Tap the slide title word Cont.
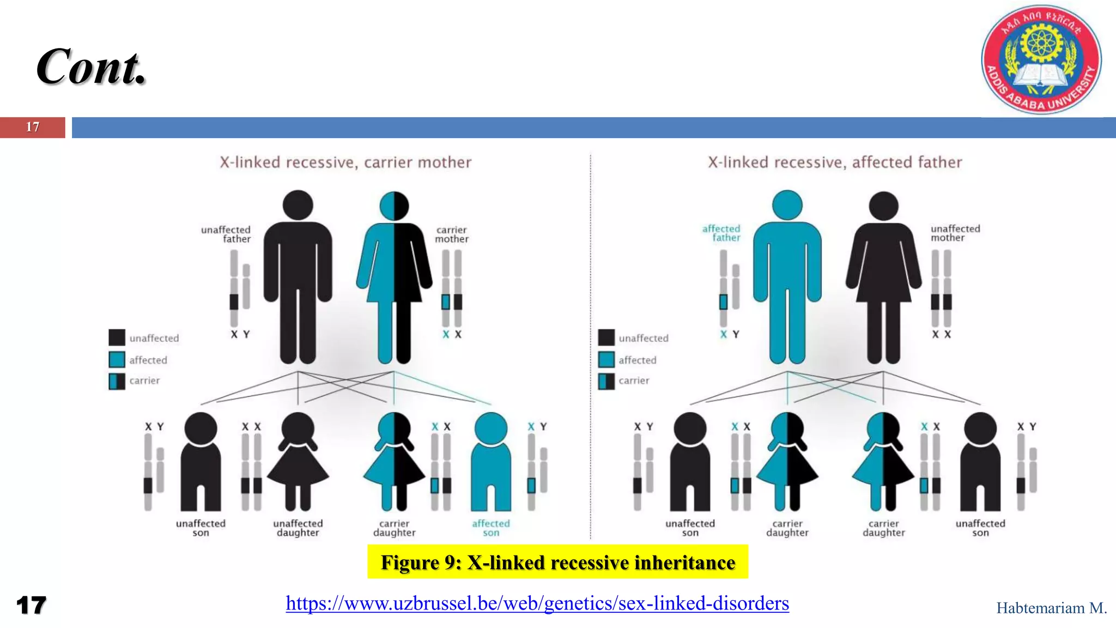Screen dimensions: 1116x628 click(x=91, y=68)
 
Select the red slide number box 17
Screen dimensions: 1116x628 click(x=33, y=127)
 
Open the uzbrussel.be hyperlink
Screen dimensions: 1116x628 click(x=537, y=603)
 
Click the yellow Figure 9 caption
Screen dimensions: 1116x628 click(x=557, y=562)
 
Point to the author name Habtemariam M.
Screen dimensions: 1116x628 click(x=1051, y=608)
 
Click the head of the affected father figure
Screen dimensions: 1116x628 click(x=787, y=206)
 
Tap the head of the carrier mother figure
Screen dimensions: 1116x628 click(x=394, y=206)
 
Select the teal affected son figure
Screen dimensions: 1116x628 click(x=491, y=461)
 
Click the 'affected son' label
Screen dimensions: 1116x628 click(x=491, y=528)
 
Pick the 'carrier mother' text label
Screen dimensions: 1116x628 click(x=452, y=234)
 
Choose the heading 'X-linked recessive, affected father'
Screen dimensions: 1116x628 click(x=835, y=162)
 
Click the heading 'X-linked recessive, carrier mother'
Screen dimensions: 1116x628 click(x=345, y=162)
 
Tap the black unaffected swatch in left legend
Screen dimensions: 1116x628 click(x=117, y=338)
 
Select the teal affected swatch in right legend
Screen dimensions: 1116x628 click(x=606, y=360)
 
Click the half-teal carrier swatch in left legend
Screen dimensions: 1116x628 click(x=117, y=381)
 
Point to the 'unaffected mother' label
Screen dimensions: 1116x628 click(x=955, y=233)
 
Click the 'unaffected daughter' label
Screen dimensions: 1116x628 click(x=298, y=528)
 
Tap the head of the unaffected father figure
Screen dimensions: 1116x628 click(x=298, y=206)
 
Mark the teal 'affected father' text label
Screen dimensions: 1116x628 click(x=721, y=233)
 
